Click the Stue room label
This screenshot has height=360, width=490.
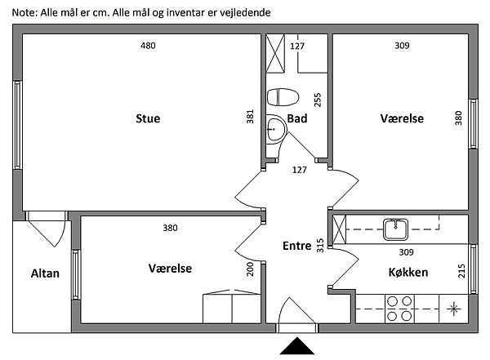(x=148, y=118)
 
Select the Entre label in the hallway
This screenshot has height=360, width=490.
(x=296, y=246)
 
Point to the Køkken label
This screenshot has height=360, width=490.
(x=410, y=272)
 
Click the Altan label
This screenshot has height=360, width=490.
(x=45, y=273)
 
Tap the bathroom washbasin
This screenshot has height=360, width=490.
(x=275, y=127)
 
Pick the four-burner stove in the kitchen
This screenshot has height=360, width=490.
(x=399, y=309)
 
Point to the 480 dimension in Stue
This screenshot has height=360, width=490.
(x=148, y=46)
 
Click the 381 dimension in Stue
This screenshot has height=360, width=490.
(x=251, y=118)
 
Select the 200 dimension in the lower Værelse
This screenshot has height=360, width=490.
(x=251, y=270)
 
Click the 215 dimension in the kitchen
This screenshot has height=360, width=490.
(x=461, y=269)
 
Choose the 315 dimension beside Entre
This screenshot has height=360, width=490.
(x=320, y=245)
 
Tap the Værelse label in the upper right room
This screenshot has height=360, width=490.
(x=402, y=118)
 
